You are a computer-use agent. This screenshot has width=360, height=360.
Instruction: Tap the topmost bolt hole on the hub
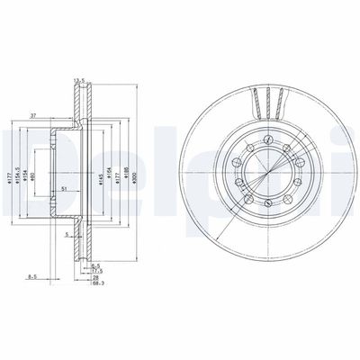click(267, 136)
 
